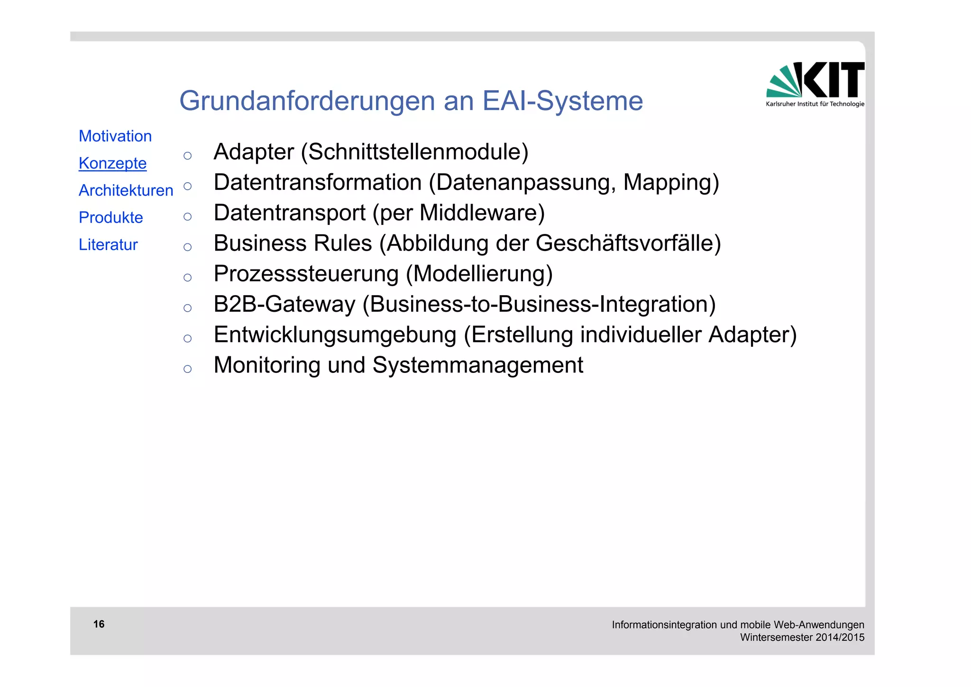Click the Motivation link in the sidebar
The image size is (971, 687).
click(x=115, y=136)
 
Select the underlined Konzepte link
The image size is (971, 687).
click(x=113, y=163)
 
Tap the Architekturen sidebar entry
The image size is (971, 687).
click(x=126, y=190)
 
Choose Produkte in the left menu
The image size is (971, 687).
click(x=111, y=217)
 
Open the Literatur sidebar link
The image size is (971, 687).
click(x=108, y=244)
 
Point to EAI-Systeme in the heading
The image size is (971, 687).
click(x=562, y=101)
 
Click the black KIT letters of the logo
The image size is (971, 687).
click(x=834, y=80)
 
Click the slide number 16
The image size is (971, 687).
click(x=99, y=624)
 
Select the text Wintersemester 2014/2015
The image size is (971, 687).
click(x=802, y=637)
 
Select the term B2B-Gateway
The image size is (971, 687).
click(x=284, y=304)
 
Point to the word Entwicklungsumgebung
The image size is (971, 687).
click(x=335, y=334)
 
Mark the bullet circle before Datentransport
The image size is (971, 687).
click(x=188, y=217)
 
